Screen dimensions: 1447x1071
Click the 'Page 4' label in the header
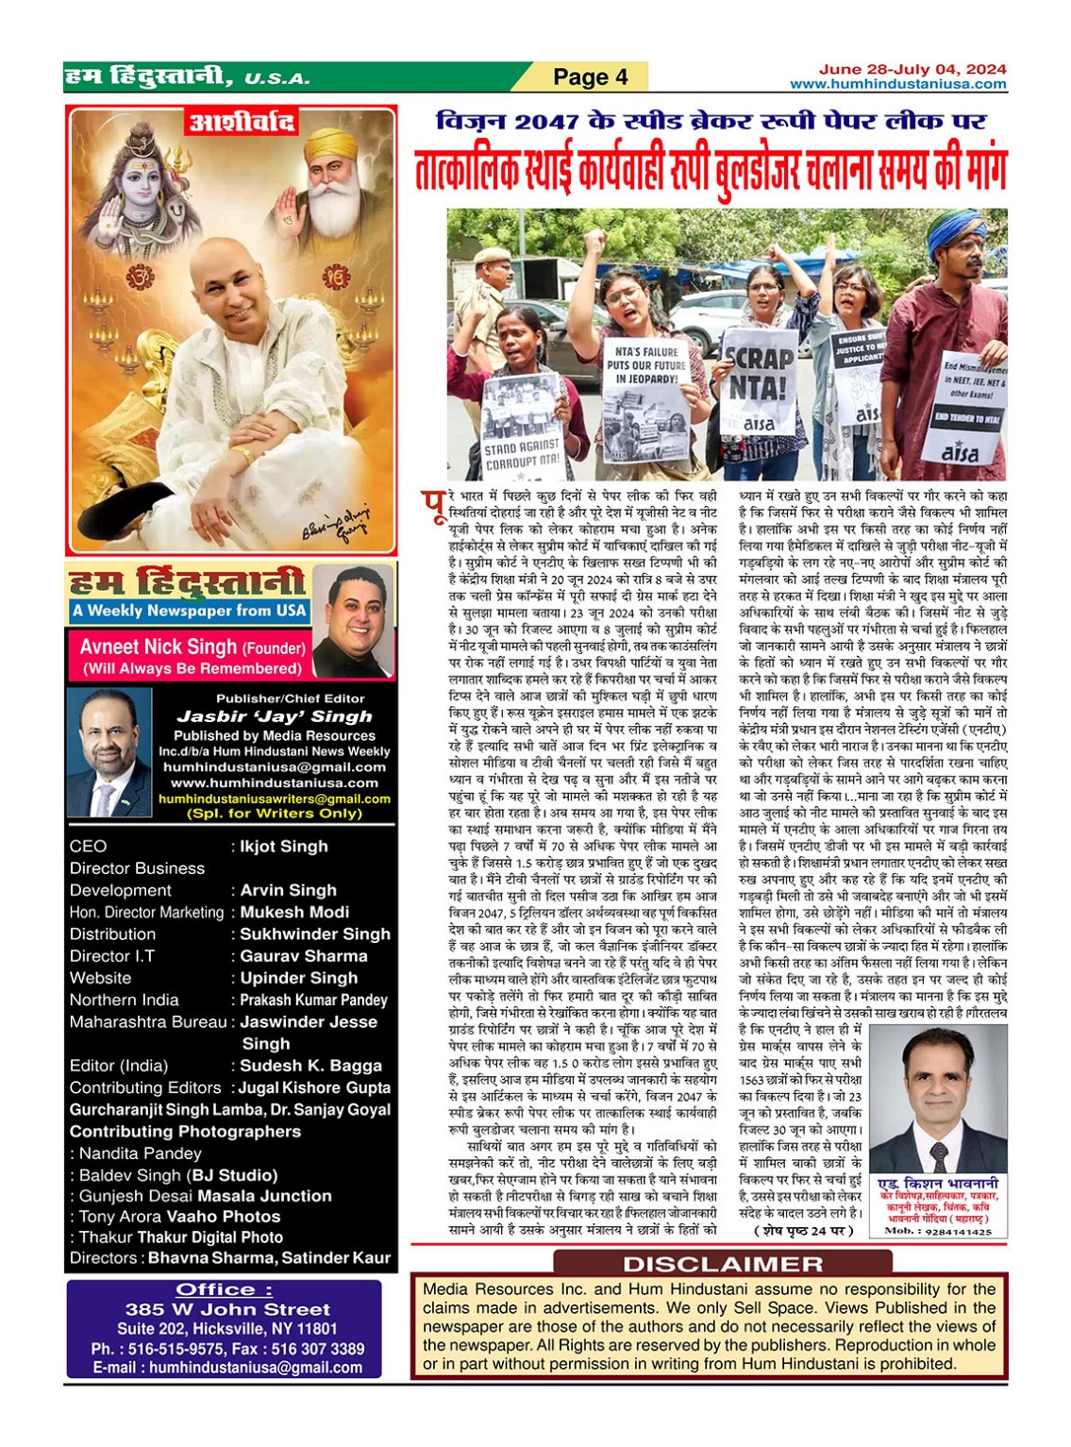tap(590, 76)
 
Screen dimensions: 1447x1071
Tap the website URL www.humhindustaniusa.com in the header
tap(897, 84)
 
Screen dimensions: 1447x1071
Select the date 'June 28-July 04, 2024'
tap(912, 69)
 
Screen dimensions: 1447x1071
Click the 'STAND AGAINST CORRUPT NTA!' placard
tap(522, 453)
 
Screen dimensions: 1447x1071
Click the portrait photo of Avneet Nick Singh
tap(353, 621)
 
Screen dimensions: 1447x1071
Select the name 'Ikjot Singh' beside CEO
tap(284, 847)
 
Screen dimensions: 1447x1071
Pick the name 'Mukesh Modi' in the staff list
tap(294, 912)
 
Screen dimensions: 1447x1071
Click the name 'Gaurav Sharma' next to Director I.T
tap(303, 956)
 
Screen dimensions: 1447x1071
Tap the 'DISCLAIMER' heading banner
tap(723, 1264)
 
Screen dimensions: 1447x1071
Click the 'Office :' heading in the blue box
tap(224, 1290)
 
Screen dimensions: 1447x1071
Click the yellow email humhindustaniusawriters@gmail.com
tap(275, 799)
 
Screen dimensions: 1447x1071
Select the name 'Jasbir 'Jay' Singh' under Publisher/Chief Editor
tap(275, 716)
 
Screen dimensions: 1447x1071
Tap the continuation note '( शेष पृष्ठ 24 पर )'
tap(803, 1231)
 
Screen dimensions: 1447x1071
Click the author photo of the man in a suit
tap(937, 1100)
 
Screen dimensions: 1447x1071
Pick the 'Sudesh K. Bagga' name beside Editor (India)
tap(310, 1066)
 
